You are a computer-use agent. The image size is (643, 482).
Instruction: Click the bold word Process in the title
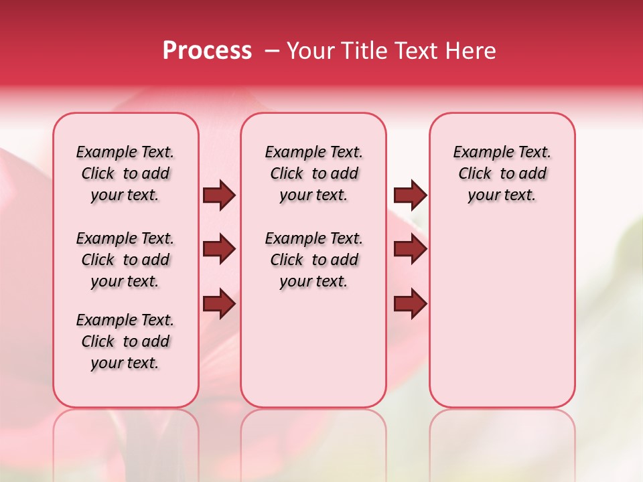[x=207, y=51]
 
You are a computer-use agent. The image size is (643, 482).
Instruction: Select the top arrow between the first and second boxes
[x=219, y=195]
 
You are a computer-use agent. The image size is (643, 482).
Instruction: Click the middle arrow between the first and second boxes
[x=219, y=250]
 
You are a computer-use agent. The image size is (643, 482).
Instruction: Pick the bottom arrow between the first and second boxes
[x=219, y=303]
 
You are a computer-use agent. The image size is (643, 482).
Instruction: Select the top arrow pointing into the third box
[x=410, y=195]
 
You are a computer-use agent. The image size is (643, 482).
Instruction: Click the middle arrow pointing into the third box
[x=410, y=250]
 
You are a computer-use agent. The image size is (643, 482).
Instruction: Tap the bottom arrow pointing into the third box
[x=410, y=303]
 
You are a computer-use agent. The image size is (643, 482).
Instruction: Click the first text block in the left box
[x=125, y=173]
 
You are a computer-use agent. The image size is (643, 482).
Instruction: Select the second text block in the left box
[x=125, y=260]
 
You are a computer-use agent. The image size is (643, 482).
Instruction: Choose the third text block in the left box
[x=125, y=341]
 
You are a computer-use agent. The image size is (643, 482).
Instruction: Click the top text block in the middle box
[x=313, y=173]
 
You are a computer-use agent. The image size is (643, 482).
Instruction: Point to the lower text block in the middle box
[x=313, y=260]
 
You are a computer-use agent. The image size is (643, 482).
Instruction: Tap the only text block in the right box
[x=502, y=173]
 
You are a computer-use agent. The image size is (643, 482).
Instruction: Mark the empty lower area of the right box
[x=502, y=315]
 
